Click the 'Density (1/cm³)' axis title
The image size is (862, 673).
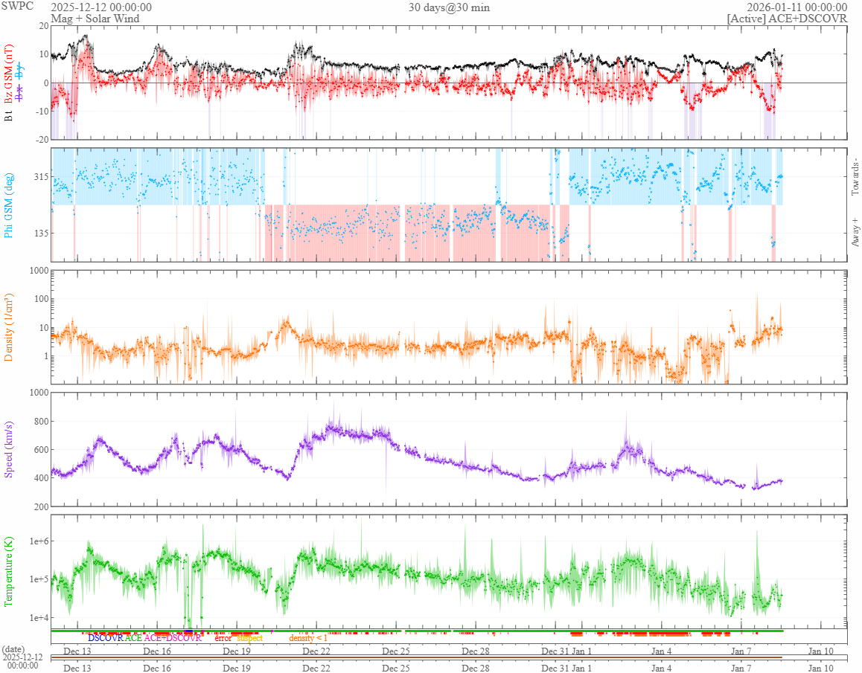(9, 326)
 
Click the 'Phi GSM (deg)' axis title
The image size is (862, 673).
(9, 205)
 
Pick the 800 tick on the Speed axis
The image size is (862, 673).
(39, 421)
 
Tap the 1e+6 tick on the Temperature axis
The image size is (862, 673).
(35, 541)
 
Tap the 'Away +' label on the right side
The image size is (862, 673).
(855, 230)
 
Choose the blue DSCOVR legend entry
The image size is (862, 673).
(105, 638)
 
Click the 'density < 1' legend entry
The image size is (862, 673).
(308, 638)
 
